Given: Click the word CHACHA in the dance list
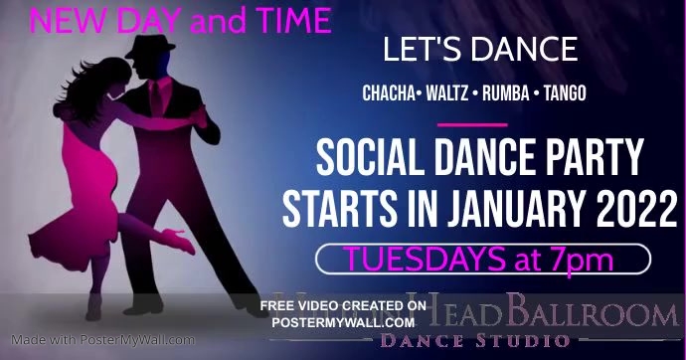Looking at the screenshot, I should [392, 93].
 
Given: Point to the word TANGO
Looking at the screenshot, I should [565, 93].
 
